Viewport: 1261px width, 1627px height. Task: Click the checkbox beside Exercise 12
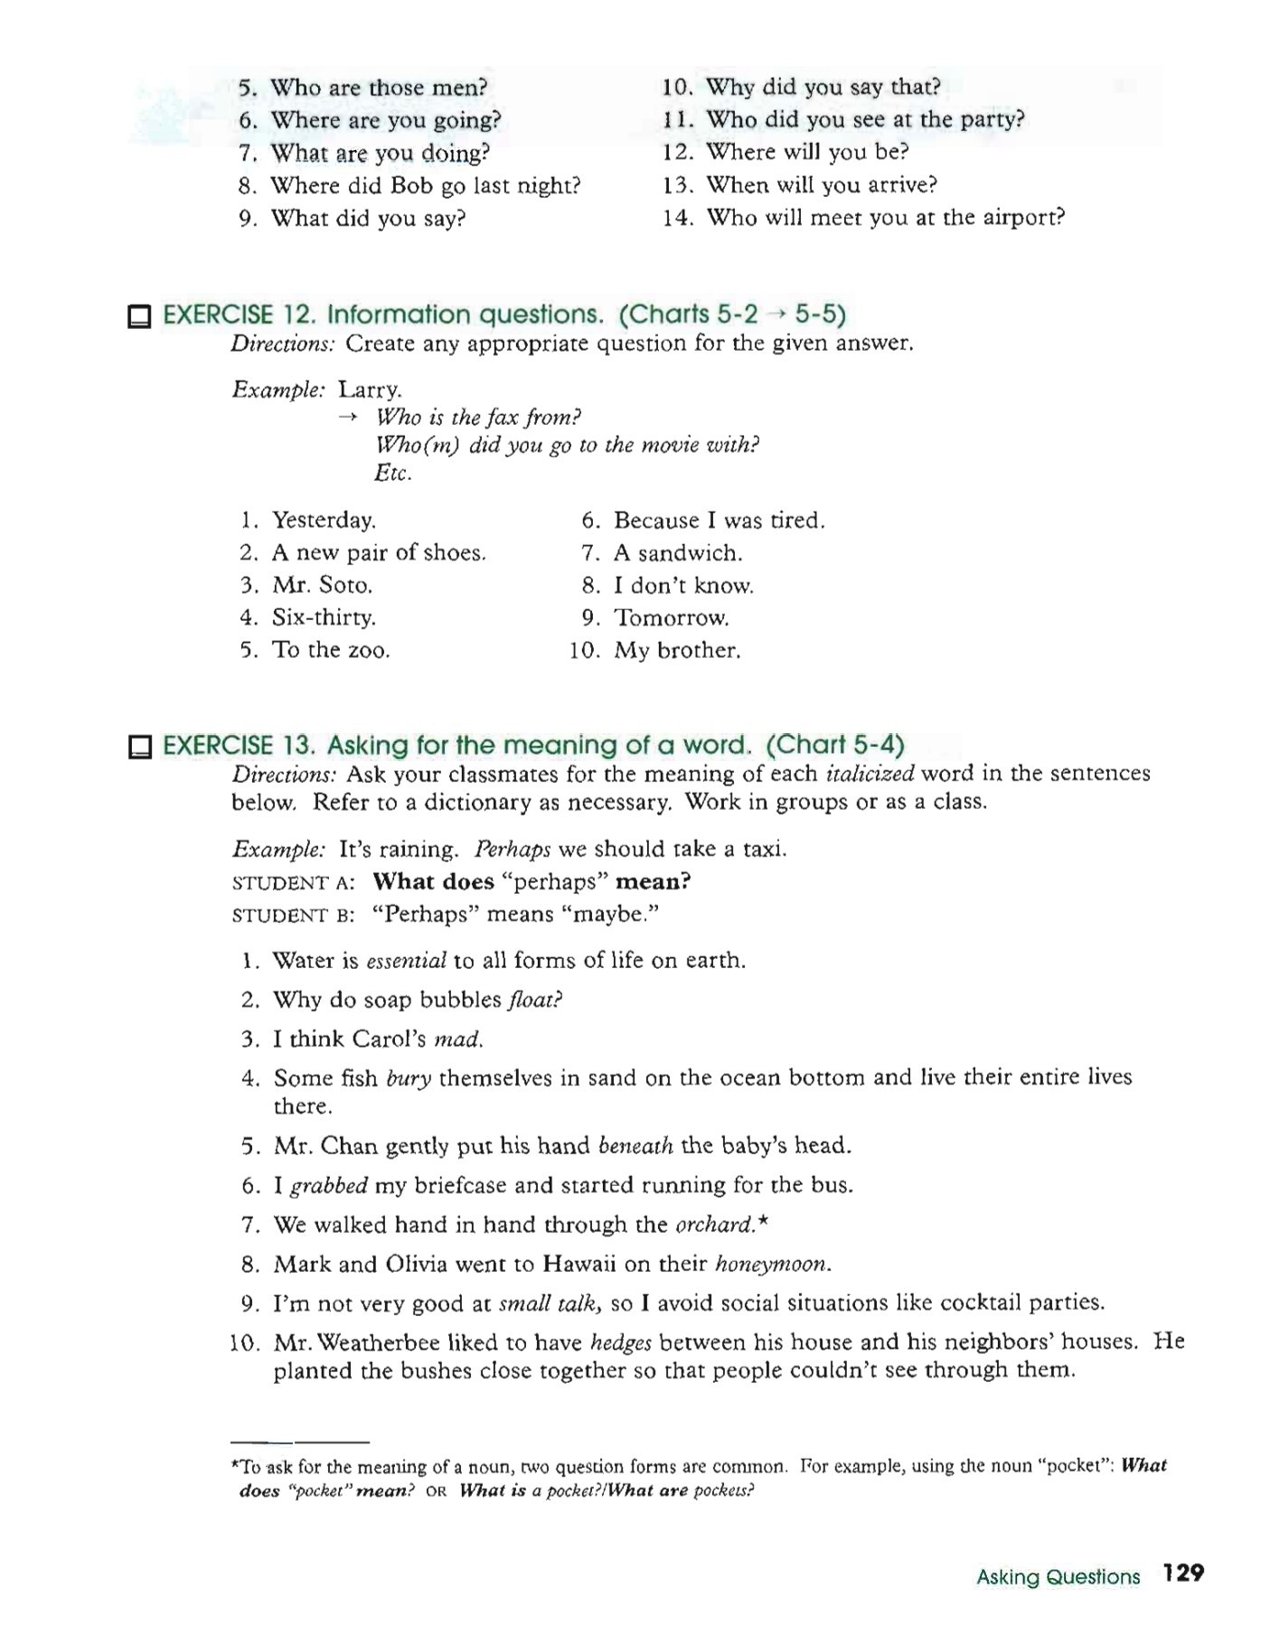click(139, 316)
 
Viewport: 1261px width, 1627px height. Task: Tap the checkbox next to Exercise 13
click(139, 748)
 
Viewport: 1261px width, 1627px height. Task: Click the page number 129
click(1183, 1574)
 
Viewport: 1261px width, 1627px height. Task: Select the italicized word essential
click(406, 961)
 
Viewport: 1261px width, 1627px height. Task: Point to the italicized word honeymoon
click(772, 1265)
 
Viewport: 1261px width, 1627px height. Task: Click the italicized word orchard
click(715, 1225)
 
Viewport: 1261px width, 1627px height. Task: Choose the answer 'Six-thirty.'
click(324, 618)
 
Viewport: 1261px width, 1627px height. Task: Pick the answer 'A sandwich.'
click(678, 553)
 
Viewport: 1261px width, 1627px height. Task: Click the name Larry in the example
click(370, 390)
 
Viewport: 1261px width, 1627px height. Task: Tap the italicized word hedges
click(621, 1343)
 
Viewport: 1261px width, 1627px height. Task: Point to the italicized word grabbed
click(329, 1186)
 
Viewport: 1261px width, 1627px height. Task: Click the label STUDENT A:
click(293, 883)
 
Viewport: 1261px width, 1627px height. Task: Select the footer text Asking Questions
click(1058, 1577)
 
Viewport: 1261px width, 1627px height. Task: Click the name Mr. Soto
click(323, 586)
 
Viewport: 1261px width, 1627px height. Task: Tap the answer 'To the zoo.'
click(331, 651)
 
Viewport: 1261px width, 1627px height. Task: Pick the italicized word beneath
click(635, 1147)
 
